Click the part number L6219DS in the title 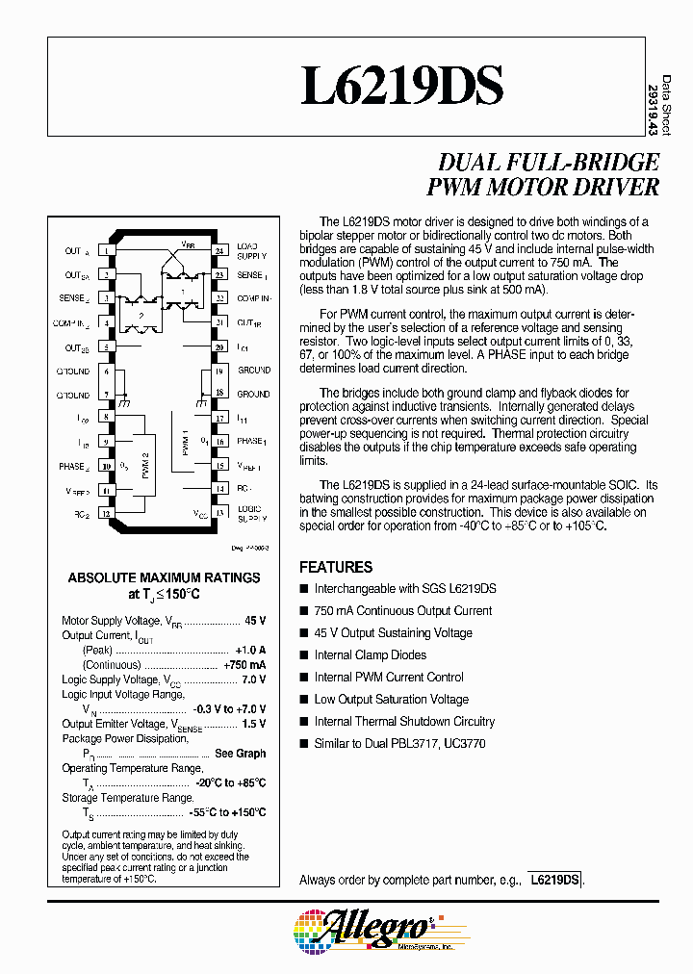click(x=401, y=86)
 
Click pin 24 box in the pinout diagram click(x=219, y=251)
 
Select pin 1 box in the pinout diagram click(x=106, y=251)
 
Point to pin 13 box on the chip click(x=219, y=513)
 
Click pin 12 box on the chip click(x=106, y=513)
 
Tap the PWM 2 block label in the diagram click(x=145, y=466)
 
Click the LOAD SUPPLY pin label click(x=251, y=251)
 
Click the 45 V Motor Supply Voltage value click(x=255, y=621)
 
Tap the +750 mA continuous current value click(x=244, y=665)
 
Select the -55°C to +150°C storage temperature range click(x=227, y=813)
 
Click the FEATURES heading click(x=336, y=567)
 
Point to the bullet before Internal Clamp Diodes click(x=304, y=655)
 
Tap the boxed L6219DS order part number click(x=555, y=880)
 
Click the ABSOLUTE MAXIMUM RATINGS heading click(x=164, y=577)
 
